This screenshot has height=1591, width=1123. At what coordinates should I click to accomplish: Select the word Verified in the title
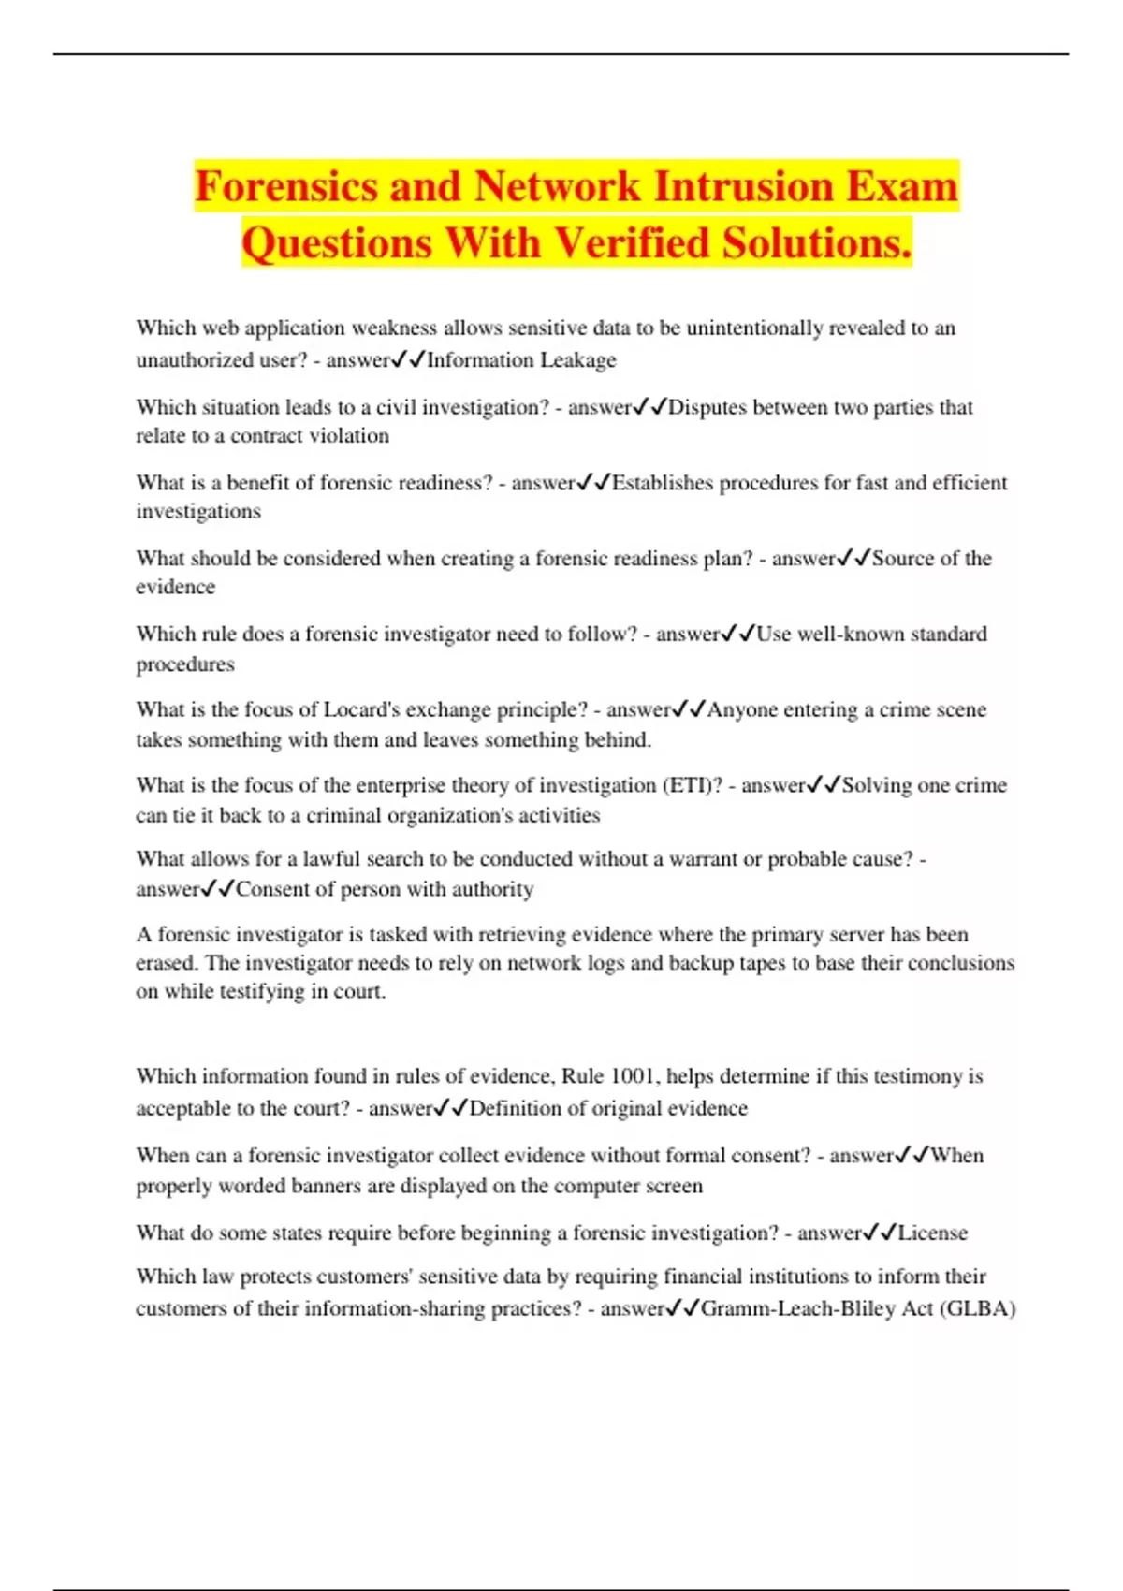pyautogui.click(x=632, y=243)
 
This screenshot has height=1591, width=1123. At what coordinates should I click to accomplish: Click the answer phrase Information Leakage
pyautogui.click(x=521, y=360)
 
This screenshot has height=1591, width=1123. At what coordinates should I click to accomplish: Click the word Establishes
pyautogui.click(x=666, y=483)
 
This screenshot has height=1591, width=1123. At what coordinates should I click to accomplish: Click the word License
pyautogui.click(x=932, y=1233)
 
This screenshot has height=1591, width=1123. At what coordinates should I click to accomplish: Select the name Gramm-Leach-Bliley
pyautogui.click(x=797, y=1308)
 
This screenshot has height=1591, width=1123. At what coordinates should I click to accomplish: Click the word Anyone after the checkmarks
pyautogui.click(x=741, y=709)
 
